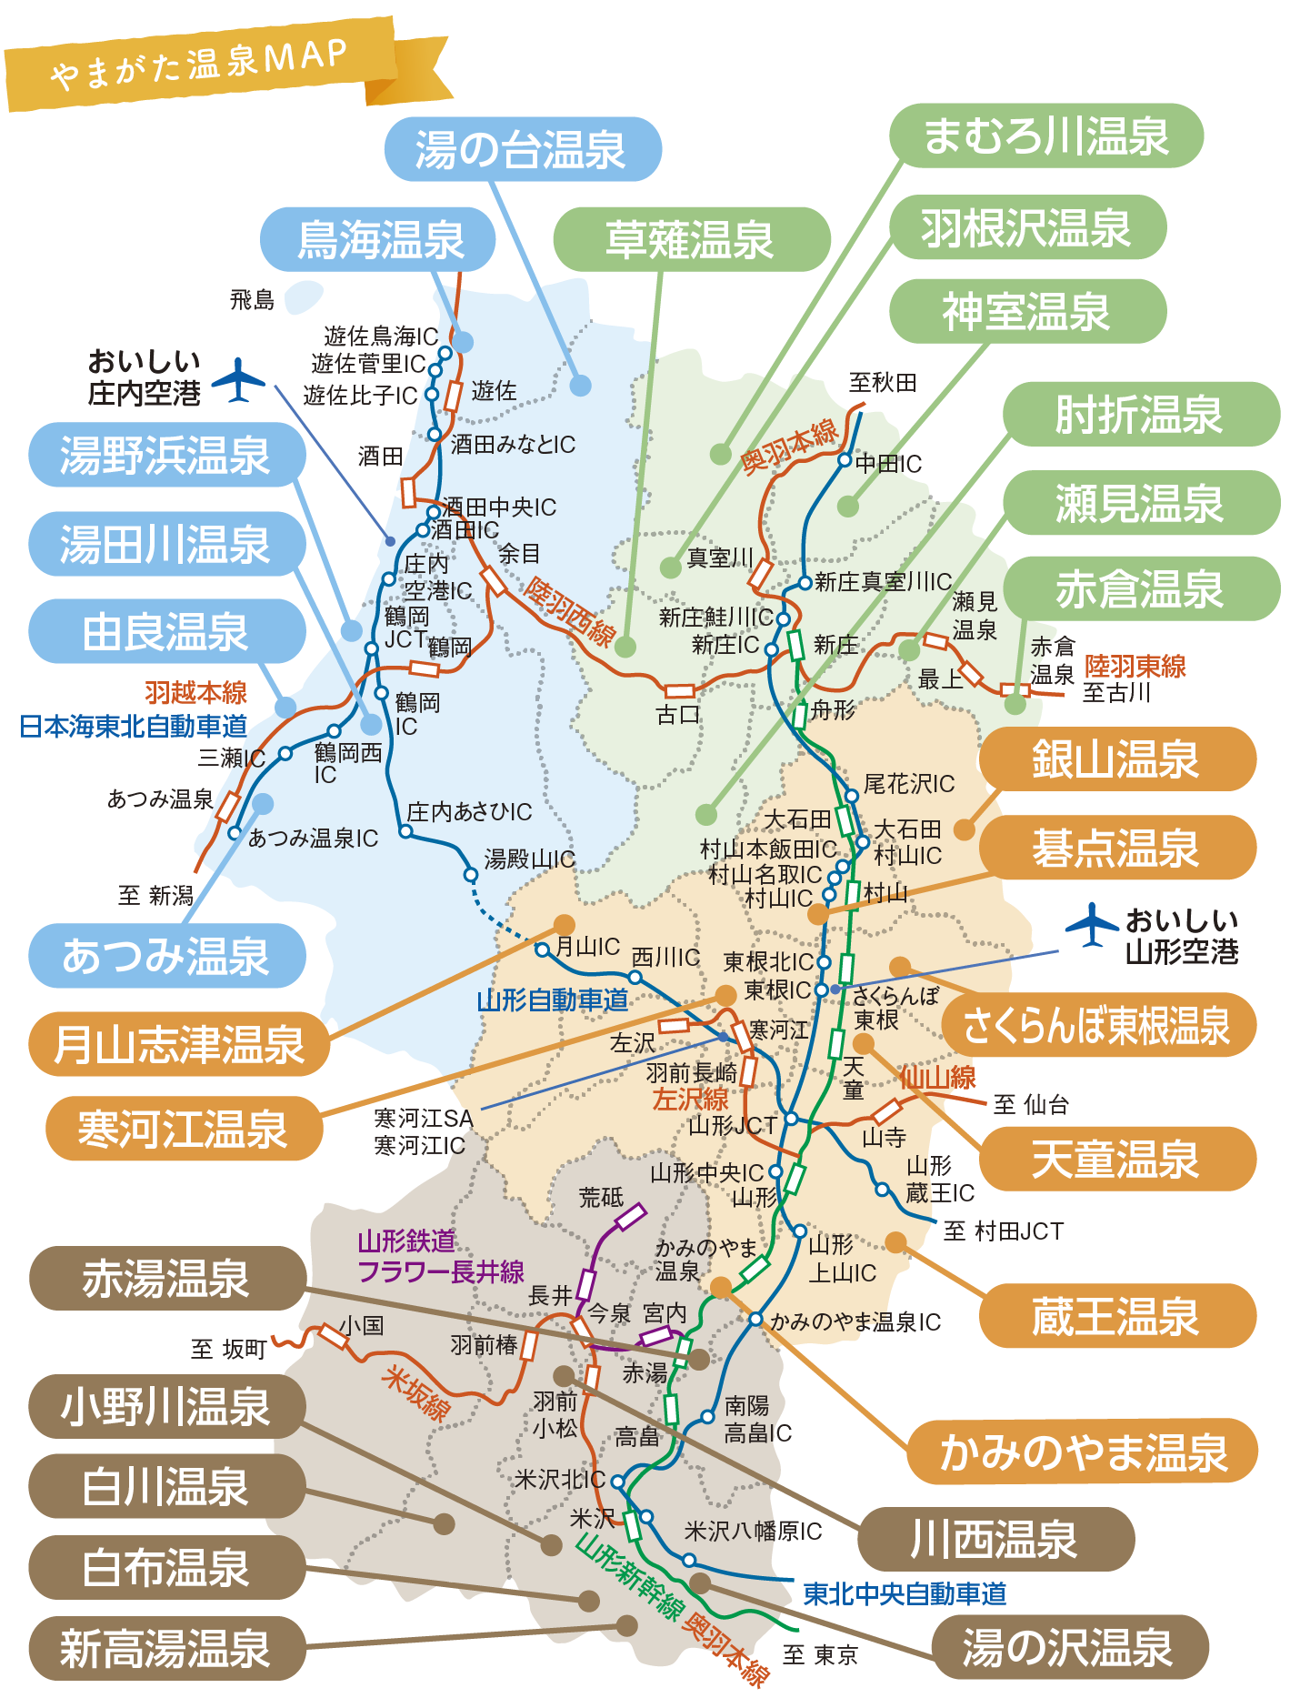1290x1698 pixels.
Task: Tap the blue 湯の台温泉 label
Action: (x=522, y=149)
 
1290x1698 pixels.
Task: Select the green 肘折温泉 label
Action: (x=1140, y=415)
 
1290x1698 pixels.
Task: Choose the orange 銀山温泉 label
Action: (x=1116, y=759)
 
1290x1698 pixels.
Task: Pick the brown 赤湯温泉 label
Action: (x=166, y=1278)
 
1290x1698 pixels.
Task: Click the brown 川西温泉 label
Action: (x=995, y=1539)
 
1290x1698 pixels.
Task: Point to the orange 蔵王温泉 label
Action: (x=1116, y=1316)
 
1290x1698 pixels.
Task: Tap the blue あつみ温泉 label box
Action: (x=166, y=956)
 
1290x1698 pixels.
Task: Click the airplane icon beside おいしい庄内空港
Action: (x=238, y=380)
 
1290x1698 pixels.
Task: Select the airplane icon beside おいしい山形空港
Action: (x=1092, y=925)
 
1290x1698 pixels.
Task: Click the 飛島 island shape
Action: (x=304, y=297)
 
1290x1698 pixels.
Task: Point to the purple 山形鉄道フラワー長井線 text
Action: (x=440, y=1257)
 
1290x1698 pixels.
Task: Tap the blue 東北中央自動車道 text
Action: (x=905, y=1593)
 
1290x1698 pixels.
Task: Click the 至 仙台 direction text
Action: (x=1031, y=1105)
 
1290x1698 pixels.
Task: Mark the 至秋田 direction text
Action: (x=882, y=382)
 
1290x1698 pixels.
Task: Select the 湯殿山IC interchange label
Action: (x=530, y=859)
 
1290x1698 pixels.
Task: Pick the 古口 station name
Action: (x=678, y=715)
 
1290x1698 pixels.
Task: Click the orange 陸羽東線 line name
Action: (x=1135, y=667)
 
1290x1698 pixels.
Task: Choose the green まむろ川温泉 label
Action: (x=1045, y=136)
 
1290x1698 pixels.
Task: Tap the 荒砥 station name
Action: (x=601, y=1198)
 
